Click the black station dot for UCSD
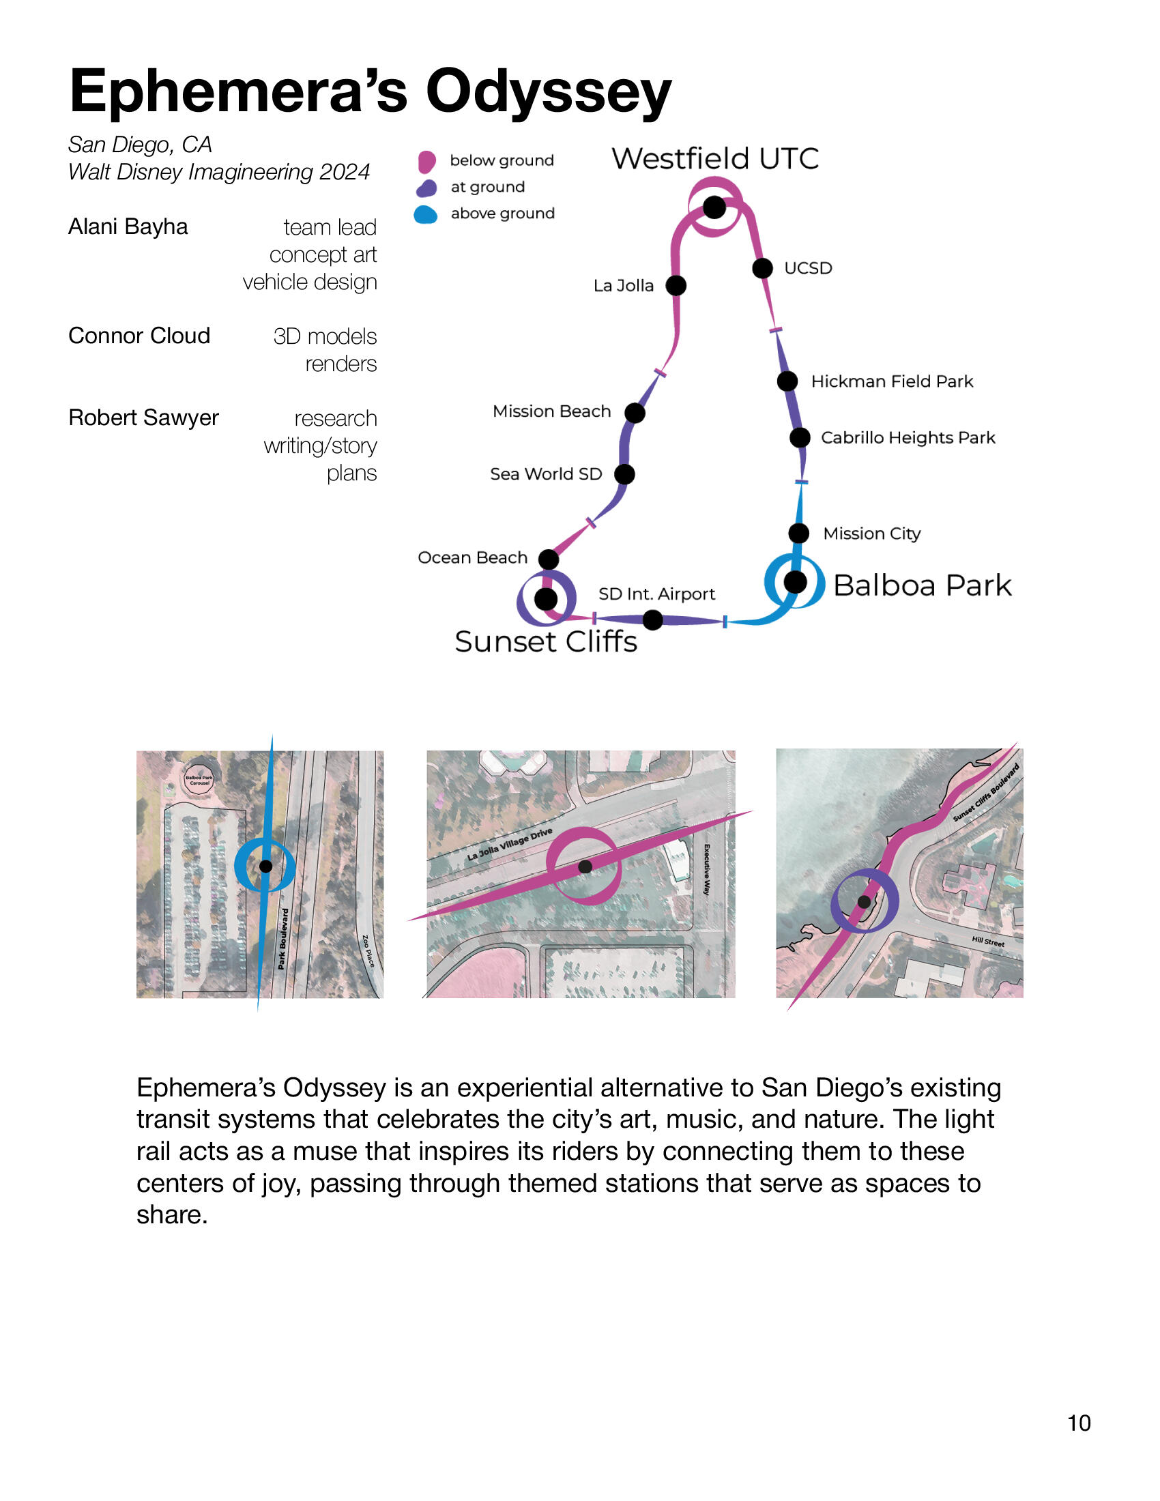[762, 268]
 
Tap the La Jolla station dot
[676, 285]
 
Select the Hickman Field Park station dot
[787, 381]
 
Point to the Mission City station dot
[798, 533]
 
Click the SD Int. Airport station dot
[653, 620]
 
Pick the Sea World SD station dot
[624, 474]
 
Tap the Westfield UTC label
[714, 159]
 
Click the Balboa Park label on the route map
[922, 585]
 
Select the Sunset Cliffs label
[546, 641]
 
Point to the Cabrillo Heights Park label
[907, 438]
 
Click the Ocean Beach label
[472, 557]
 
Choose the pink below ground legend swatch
[426, 162]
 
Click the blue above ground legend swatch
[426, 214]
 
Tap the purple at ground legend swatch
[426, 188]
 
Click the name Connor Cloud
[139, 336]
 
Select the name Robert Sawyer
[143, 417]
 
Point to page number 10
[1078, 1423]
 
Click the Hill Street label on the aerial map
[987, 942]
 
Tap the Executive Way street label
[706, 869]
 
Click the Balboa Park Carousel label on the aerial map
[199, 780]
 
